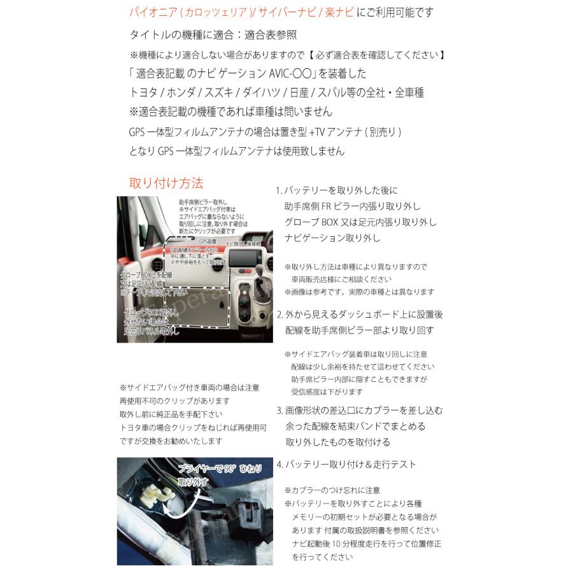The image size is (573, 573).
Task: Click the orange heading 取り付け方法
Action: tap(166, 183)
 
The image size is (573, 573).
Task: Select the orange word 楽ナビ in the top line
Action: tap(339, 12)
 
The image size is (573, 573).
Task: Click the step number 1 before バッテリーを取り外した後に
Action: tap(278, 191)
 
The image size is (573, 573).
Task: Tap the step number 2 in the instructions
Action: tap(279, 315)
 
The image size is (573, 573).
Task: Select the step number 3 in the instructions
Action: tap(279, 411)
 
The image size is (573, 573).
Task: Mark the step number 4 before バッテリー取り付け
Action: tap(279, 465)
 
